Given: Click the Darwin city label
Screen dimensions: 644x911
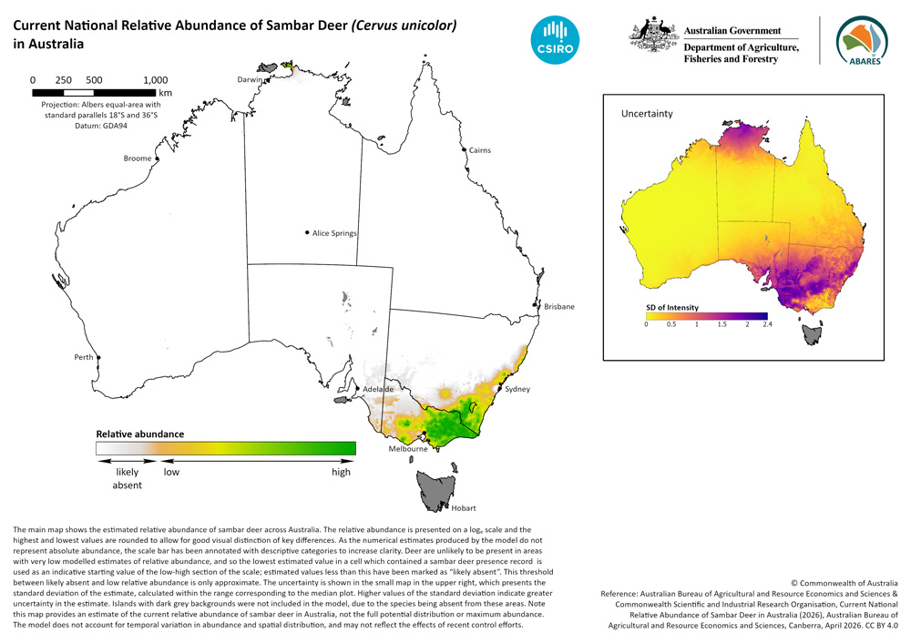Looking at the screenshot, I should click(x=250, y=79).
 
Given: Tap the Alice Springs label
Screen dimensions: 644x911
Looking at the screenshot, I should click(x=334, y=233).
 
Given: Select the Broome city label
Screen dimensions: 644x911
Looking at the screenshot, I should click(x=137, y=158).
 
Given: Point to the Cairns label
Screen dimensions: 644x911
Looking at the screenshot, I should click(x=479, y=149).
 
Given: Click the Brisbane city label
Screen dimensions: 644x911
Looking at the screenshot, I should click(x=558, y=307).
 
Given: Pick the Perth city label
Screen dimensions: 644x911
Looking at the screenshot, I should click(x=84, y=357).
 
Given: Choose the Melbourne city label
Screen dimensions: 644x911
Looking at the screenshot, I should click(x=408, y=448).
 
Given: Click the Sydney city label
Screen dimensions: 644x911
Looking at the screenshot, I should click(x=517, y=389).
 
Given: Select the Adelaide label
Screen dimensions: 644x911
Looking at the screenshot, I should click(x=377, y=389).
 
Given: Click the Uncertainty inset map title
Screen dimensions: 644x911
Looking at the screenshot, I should click(x=647, y=114).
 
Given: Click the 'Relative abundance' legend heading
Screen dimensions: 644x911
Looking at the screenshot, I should click(x=140, y=434).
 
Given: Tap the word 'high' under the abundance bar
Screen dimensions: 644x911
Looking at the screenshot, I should click(x=341, y=473).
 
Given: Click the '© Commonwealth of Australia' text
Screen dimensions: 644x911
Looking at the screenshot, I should click(x=844, y=582).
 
